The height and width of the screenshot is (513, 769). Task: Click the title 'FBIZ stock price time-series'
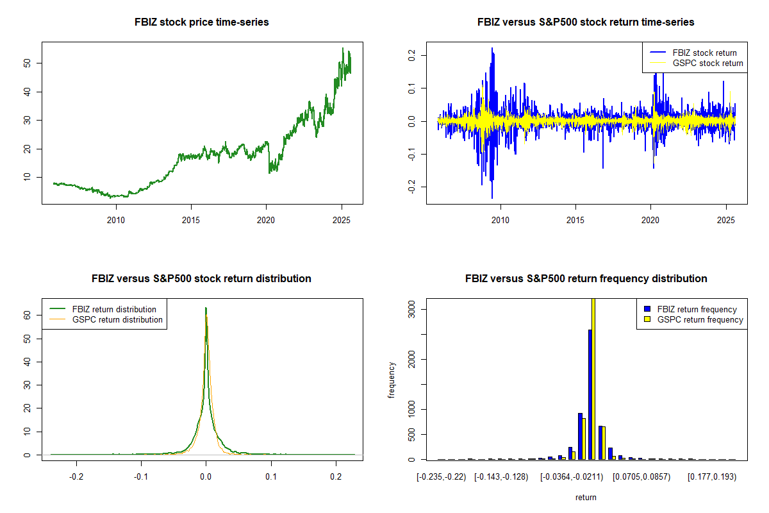201,22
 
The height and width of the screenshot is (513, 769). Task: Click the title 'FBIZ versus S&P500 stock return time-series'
586,22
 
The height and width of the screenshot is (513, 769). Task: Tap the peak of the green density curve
206,308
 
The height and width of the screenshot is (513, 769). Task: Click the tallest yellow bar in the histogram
593,378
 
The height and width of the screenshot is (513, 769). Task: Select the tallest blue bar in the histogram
590,394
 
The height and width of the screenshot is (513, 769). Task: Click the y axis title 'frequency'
392,380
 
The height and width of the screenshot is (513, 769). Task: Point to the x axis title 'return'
586,497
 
